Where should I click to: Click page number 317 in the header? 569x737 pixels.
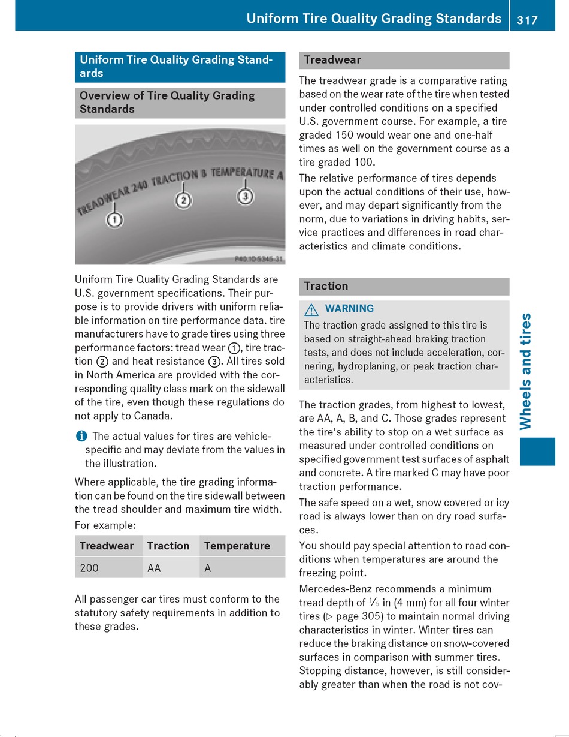pyautogui.click(x=527, y=20)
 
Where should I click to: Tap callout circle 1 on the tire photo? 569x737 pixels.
pyautogui.click(x=114, y=220)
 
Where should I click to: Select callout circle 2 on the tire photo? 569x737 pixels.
pyautogui.click(x=183, y=200)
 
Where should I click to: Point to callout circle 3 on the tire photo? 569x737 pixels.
pyautogui.click(x=244, y=196)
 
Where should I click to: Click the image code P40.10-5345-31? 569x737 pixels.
pyautogui.click(x=258, y=259)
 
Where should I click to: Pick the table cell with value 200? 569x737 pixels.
pyautogui.click(x=89, y=568)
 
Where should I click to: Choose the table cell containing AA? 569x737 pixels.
pyautogui.click(x=154, y=568)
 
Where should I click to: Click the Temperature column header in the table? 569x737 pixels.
pyautogui.click(x=237, y=546)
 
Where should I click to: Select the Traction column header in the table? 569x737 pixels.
pyautogui.click(x=168, y=546)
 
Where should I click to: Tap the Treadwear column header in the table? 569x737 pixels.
pyautogui.click(x=106, y=546)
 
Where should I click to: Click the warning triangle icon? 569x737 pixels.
pyautogui.click(x=311, y=309)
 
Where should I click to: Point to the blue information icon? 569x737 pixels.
pyautogui.click(x=80, y=436)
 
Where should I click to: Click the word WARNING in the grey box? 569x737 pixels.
pyautogui.click(x=349, y=309)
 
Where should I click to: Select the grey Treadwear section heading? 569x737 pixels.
pyautogui.click(x=404, y=60)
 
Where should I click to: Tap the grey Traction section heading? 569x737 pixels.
pyautogui.click(x=404, y=287)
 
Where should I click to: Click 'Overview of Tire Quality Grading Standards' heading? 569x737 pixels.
pyautogui.click(x=180, y=103)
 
